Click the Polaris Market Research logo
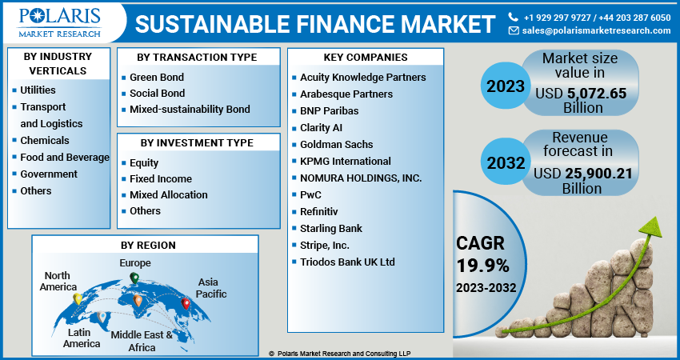(61, 22)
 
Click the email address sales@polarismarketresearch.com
(596, 30)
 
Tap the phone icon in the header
(514, 16)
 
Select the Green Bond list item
(157, 78)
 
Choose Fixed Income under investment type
(161, 178)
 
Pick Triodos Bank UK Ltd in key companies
(347, 262)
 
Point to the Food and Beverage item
(65, 157)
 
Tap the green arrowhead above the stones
(650, 226)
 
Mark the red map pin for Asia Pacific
(186, 303)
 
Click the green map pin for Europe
(134, 278)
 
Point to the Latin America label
(82, 338)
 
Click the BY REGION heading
(148, 245)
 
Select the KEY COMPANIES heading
(365, 58)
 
